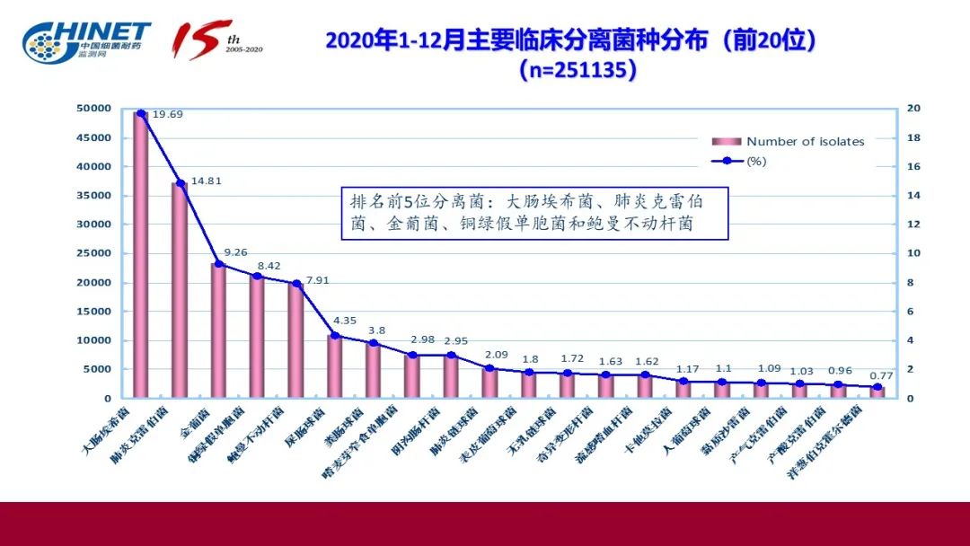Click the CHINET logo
click(86, 40)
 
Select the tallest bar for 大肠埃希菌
click(141, 256)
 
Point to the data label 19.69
click(168, 115)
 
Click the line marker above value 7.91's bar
click(295, 284)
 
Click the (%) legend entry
click(755, 162)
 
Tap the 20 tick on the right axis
click(913, 109)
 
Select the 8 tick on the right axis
click(909, 282)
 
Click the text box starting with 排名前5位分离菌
click(534, 213)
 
